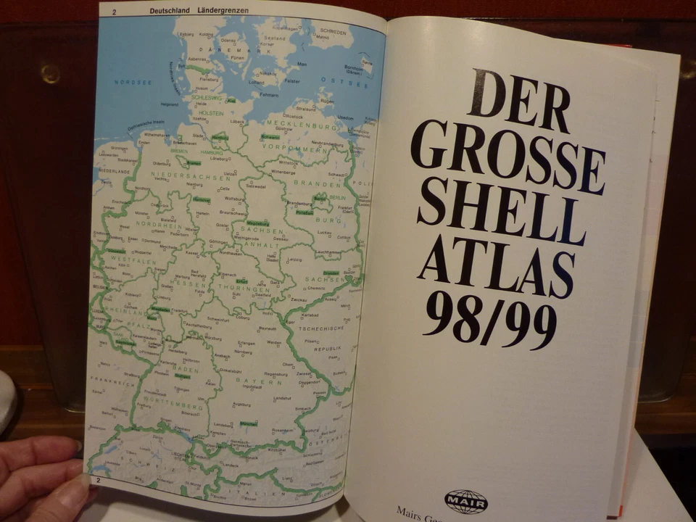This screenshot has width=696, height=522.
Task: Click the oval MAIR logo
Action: [465, 500]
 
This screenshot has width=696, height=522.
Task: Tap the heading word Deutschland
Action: [170, 10]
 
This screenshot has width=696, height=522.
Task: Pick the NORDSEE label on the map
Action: [133, 82]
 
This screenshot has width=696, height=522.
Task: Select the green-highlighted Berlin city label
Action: [320, 197]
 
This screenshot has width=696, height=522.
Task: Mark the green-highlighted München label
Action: [249, 422]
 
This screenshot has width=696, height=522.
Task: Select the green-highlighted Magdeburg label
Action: [257, 223]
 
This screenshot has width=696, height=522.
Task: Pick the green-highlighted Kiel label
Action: [231, 100]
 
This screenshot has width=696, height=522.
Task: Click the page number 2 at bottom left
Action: [98, 479]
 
